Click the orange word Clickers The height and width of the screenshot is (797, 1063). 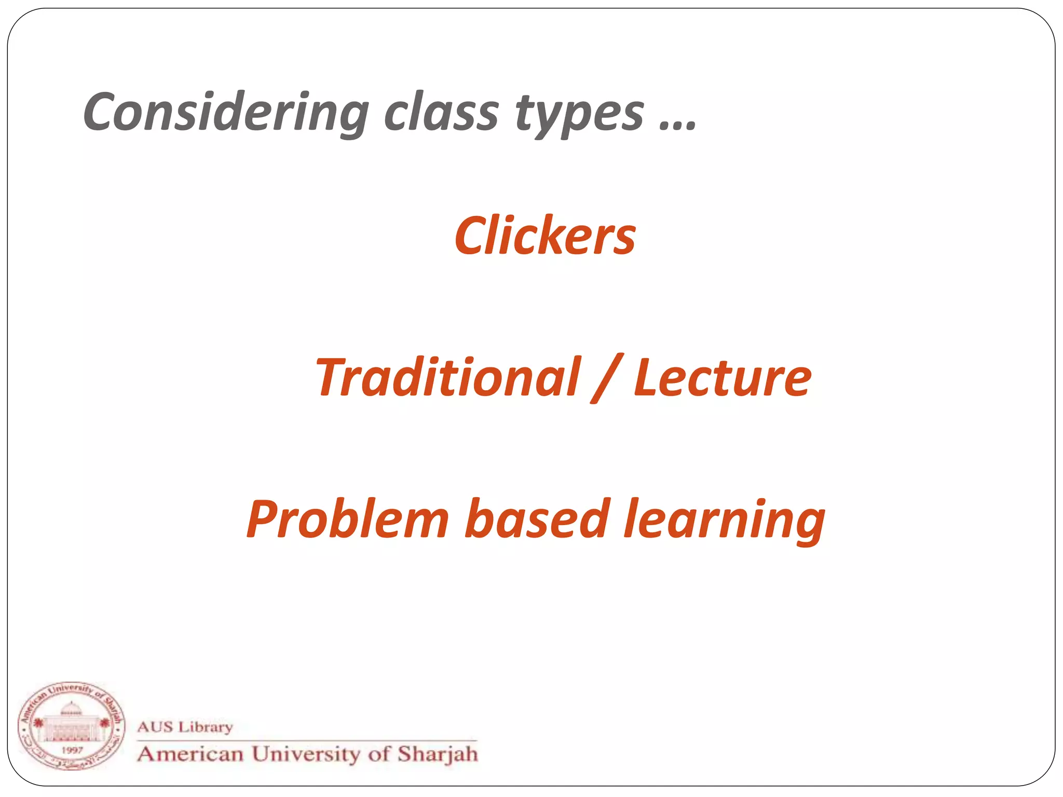click(545, 236)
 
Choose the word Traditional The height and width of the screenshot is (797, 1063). click(447, 377)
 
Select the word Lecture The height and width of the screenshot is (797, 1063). click(722, 377)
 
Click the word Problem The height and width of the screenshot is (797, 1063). click(347, 519)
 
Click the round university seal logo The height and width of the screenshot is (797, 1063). click(72, 726)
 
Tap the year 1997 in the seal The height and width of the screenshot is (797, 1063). click(72, 750)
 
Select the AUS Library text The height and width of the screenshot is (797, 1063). click(185, 727)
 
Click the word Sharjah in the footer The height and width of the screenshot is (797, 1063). click(438, 754)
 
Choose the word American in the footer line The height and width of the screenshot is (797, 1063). click(190, 754)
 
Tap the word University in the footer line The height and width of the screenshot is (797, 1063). click(305, 754)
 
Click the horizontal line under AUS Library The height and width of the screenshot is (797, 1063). click(306, 740)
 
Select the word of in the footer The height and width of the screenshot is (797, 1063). click(378, 754)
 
